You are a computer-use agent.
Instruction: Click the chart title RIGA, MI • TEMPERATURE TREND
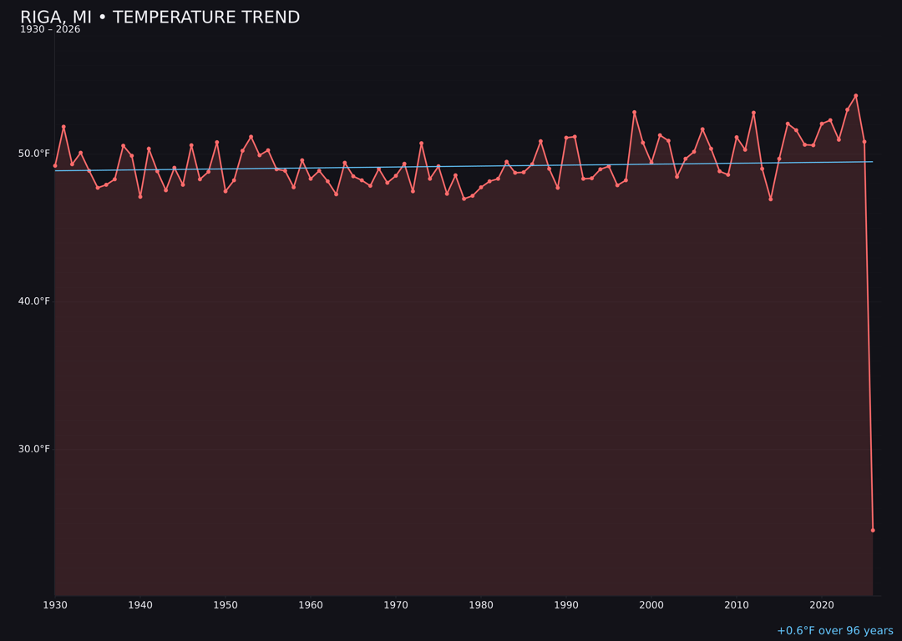pos(160,18)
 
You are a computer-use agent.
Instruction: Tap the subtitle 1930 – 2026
pos(50,30)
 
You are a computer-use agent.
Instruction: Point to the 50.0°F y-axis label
pos(33,154)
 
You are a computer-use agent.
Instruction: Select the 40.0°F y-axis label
pos(33,301)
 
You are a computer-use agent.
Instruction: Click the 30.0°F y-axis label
pos(33,449)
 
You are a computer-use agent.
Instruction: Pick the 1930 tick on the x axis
pos(55,605)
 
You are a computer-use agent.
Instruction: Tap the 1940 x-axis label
pos(140,605)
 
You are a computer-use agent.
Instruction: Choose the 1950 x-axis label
pos(225,605)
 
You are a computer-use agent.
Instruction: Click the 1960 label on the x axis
pos(311,605)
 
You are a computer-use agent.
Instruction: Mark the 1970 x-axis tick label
pos(396,605)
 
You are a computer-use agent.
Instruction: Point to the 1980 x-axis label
pos(481,605)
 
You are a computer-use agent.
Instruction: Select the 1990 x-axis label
pos(566,605)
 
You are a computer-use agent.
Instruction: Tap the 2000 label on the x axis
pos(651,605)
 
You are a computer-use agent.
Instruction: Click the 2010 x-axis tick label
pos(737,605)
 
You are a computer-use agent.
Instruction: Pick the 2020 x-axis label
pos(822,605)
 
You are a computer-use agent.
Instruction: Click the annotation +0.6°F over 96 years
pos(834,631)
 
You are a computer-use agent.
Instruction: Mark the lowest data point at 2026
pos(873,530)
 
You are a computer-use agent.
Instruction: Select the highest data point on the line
pos(856,96)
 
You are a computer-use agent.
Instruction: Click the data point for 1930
pos(55,165)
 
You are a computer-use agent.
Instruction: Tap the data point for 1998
pos(634,112)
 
